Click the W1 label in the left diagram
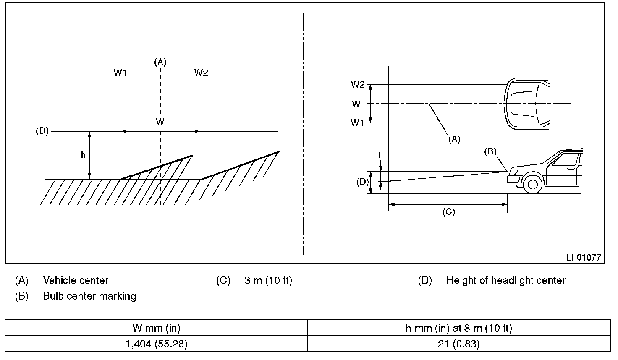click(x=120, y=73)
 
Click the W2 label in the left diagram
click(x=201, y=73)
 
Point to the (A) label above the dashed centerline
click(x=160, y=62)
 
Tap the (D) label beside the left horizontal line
click(x=42, y=131)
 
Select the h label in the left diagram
click(x=83, y=155)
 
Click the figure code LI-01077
click(x=584, y=258)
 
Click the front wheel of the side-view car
click(x=532, y=185)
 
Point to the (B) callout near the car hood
click(x=490, y=151)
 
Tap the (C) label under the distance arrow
click(x=449, y=212)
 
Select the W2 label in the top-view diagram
click(x=358, y=84)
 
